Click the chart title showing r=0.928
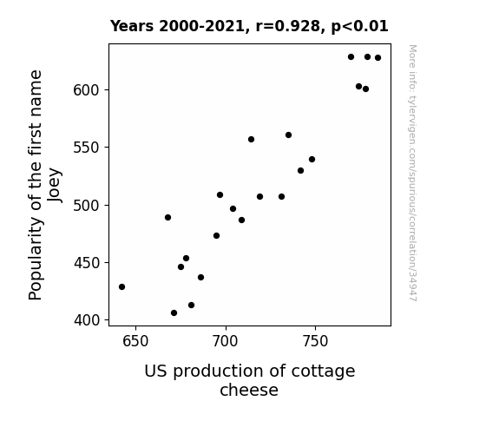249,26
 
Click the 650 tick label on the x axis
135,341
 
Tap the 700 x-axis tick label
226,341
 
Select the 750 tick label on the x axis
315,341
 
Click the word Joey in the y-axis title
54,185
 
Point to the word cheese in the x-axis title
249,390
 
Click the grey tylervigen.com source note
412,173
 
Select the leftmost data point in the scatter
121,287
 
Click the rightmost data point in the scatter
378,57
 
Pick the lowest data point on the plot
174,313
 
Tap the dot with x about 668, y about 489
167,218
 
